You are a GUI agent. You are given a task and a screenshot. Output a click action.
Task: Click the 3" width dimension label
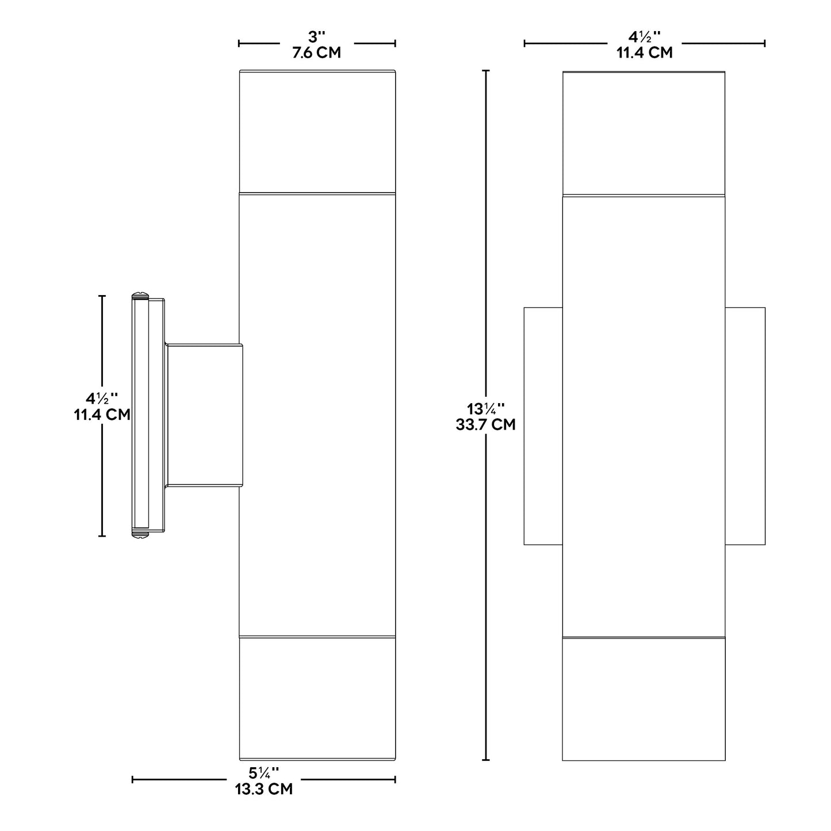pos(316,37)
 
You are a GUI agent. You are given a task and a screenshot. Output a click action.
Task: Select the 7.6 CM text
pos(316,52)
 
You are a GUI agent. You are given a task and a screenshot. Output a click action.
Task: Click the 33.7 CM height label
pos(485,424)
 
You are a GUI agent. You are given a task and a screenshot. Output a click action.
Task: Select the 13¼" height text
pos(485,408)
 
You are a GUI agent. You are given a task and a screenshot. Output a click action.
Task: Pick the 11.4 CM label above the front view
pos(644,52)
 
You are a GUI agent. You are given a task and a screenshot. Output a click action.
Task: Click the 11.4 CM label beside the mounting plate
pos(102,415)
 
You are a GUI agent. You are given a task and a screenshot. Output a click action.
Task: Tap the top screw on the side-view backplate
pos(140,296)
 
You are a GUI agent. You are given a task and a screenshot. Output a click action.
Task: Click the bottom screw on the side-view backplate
pos(140,535)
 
